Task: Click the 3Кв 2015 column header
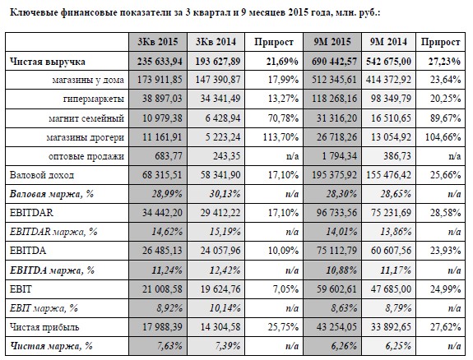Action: click(x=158, y=42)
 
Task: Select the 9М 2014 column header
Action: click(x=388, y=42)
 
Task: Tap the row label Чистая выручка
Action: click(x=48, y=62)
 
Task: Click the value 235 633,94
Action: click(x=160, y=61)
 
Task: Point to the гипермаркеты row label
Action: click(x=94, y=99)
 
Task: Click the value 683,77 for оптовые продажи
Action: click(x=169, y=156)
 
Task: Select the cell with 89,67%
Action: click(x=445, y=118)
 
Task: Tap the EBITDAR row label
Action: click(x=31, y=213)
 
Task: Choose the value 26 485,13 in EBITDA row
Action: click(x=162, y=251)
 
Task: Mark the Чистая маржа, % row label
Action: click(x=51, y=346)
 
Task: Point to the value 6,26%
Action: click(x=344, y=346)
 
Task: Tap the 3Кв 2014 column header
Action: click(x=216, y=42)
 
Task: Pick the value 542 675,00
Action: click(x=388, y=61)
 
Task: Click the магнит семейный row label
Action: click(x=86, y=118)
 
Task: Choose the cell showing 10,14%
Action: click(x=225, y=308)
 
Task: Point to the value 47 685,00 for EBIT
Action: click(x=391, y=288)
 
